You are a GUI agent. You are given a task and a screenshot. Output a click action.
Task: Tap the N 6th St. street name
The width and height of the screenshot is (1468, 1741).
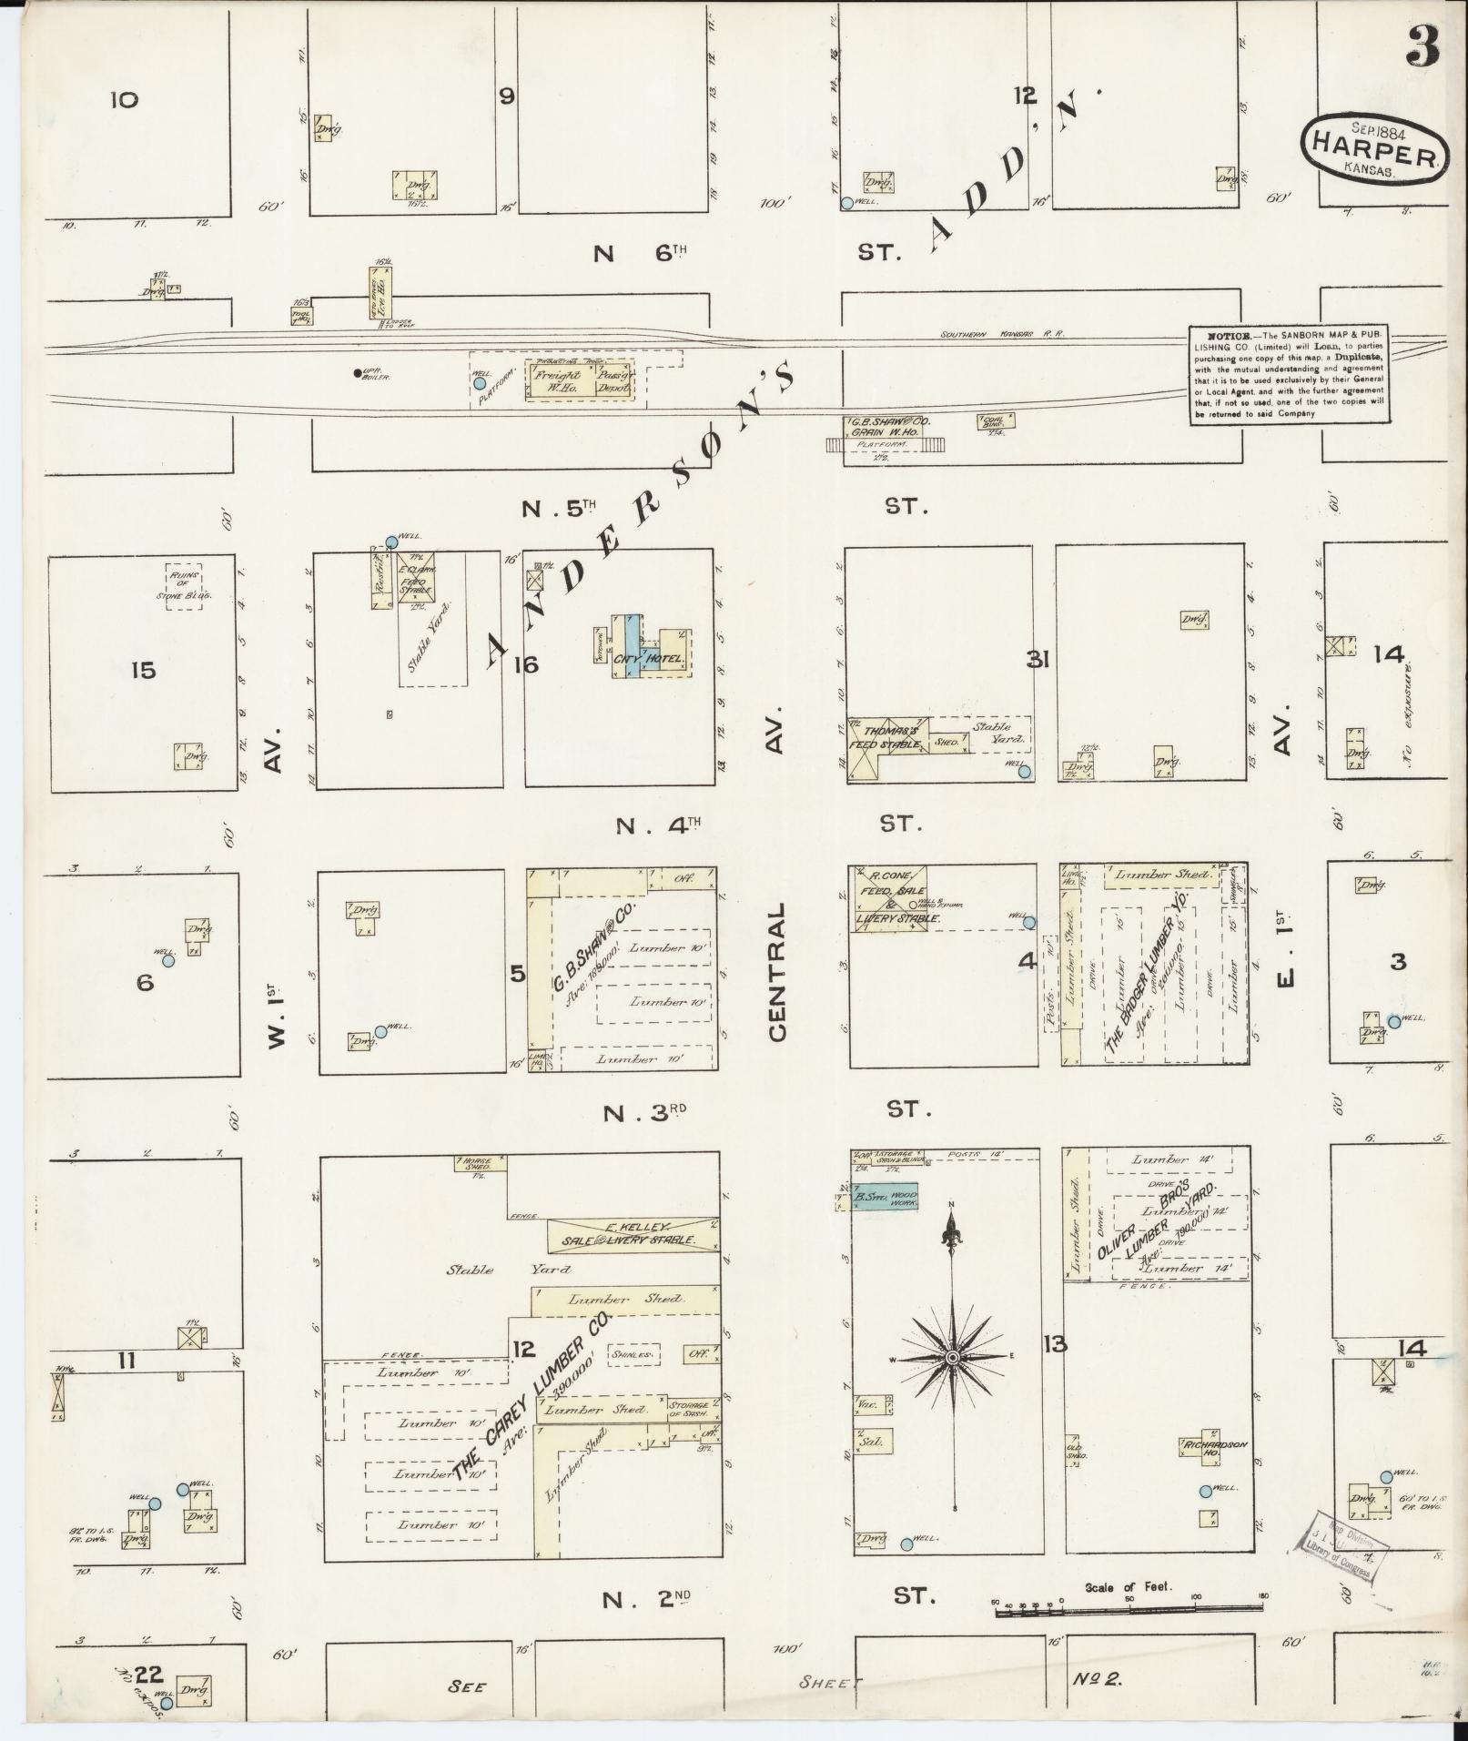coord(637,253)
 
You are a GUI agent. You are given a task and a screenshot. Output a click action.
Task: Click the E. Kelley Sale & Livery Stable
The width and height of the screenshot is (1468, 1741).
coord(632,1234)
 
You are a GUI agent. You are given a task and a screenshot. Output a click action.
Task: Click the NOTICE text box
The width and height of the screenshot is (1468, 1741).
coord(1290,375)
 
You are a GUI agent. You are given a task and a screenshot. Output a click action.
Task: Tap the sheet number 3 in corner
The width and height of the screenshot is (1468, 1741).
coord(1422,46)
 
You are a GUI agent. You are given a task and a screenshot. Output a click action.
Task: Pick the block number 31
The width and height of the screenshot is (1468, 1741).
coord(1038,660)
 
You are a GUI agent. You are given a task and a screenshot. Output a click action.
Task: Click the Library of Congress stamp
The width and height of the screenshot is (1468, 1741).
coord(1340,1543)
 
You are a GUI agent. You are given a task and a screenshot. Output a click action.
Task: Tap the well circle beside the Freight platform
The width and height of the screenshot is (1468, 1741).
coord(479,384)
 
